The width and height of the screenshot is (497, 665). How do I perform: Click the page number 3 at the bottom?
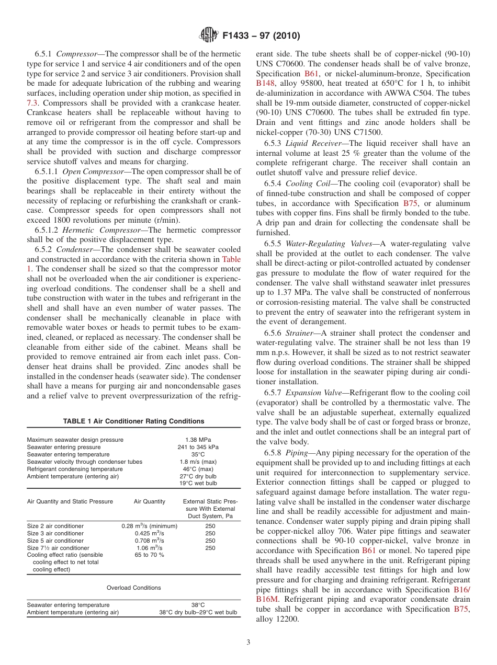click(248, 642)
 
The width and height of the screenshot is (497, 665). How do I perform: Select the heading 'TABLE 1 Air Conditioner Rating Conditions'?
click(133, 421)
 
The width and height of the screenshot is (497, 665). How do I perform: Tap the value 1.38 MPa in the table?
click(198, 440)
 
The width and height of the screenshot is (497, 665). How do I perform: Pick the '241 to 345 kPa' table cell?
click(198, 447)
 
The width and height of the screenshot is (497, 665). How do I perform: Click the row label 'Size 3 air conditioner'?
click(55, 533)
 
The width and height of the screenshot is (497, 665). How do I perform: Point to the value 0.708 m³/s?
click(149, 541)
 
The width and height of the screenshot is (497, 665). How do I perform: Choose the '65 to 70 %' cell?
click(149, 555)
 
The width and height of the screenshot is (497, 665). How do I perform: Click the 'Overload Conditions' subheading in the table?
click(133, 588)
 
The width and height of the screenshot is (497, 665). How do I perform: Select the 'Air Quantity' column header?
click(149, 501)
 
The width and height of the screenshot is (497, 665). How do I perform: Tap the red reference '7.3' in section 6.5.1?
click(32, 103)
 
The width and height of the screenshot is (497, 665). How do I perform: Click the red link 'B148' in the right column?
click(267, 83)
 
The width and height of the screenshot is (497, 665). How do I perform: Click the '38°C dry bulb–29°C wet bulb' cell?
click(198, 612)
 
